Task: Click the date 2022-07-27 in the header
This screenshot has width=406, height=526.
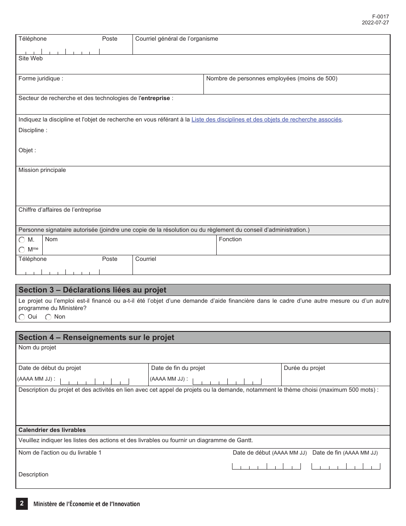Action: pyautogui.click(x=375, y=23)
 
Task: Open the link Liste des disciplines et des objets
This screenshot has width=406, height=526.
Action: pyautogui.click(x=267, y=120)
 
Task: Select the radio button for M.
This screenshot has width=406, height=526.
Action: pyautogui.click(x=22, y=240)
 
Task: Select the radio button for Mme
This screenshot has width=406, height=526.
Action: pyautogui.click(x=22, y=250)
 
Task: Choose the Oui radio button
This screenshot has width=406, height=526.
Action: pyautogui.click(x=22, y=317)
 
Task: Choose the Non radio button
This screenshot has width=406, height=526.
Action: pyautogui.click(x=48, y=317)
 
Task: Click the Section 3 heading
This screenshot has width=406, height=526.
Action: pyautogui.click(x=92, y=290)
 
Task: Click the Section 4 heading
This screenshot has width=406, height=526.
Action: pyautogui.click(x=96, y=337)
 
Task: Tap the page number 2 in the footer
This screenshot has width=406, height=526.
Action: pyautogui.click(x=21, y=504)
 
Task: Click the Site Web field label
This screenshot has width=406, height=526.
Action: pyautogui.click(x=30, y=59)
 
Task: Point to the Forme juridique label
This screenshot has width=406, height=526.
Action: pyautogui.click(x=41, y=79)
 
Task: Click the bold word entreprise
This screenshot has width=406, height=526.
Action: pyautogui.click(x=155, y=98)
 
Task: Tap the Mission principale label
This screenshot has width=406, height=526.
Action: pyautogui.click(x=42, y=170)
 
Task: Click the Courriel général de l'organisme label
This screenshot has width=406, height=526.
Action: pyautogui.click(x=177, y=39)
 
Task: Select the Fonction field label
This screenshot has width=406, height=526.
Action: pyautogui.click(x=230, y=239)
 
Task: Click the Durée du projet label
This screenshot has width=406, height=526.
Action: pyautogui.click(x=304, y=368)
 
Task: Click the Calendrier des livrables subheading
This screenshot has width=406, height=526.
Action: pyautogui.click(x=52, y=430)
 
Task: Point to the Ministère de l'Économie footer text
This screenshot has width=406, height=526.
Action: pyautogui.click(x=87, y=504)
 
